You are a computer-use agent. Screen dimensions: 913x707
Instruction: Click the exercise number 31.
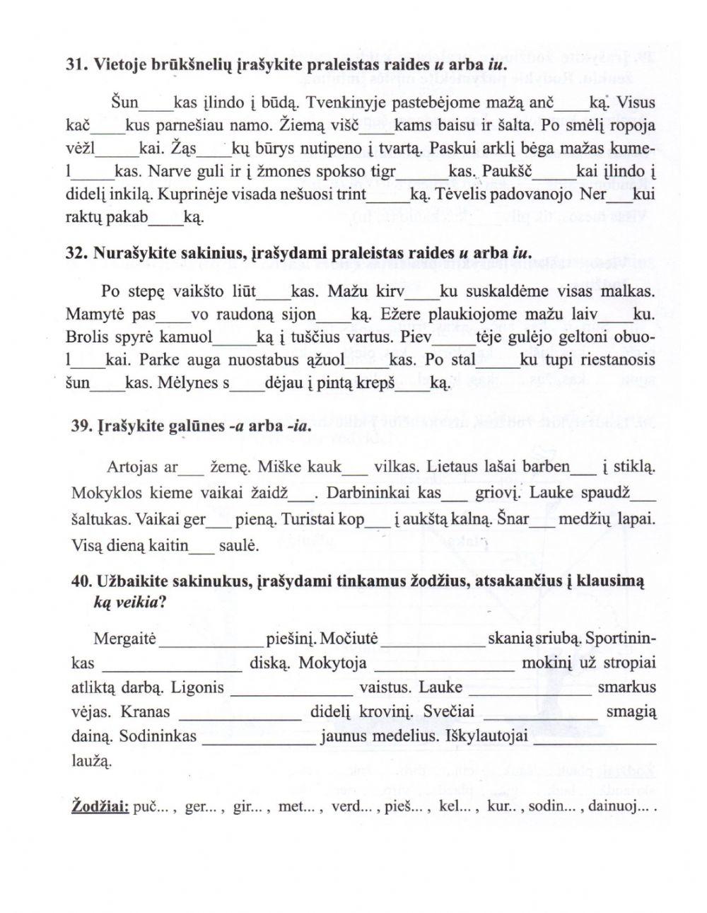point(75,63)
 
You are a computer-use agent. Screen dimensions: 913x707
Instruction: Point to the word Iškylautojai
point(489,736)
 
